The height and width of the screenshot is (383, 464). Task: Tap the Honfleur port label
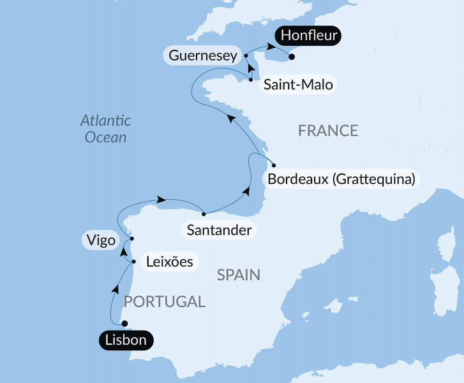pyautogui.click(x=309, y=36)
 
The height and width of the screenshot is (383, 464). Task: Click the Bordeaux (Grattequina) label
pyautogui.click(x=341, y=179)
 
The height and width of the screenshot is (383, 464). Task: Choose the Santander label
pyautogui.click(x=219, y=229)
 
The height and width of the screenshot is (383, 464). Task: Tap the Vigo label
pyautogui.click(x=99, y=241)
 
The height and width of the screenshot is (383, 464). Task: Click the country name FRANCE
pyautogui.click(x=328, y=131)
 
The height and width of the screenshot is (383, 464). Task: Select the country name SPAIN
pyautogui.click(x=239, y=275)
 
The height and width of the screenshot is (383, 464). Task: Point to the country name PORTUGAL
pyautogui.click(x=164, y=302)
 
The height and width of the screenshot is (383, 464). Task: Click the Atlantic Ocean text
pyautogui.click(x=105, y=128)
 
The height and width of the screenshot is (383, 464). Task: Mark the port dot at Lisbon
pyautogui.click(x=125, y=323)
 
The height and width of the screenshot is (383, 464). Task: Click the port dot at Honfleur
pyautogui.click(x=292, y=57)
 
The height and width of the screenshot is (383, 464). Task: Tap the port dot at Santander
pyautogui.click(x=203, y=214)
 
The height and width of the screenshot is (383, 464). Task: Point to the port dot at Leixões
pyautogui.click(x=133, y=261)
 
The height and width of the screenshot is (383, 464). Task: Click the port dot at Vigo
pyautogui.click(x=131, y=239)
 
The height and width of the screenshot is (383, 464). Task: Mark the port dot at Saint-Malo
pyautogui.click(x=251, y=80)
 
